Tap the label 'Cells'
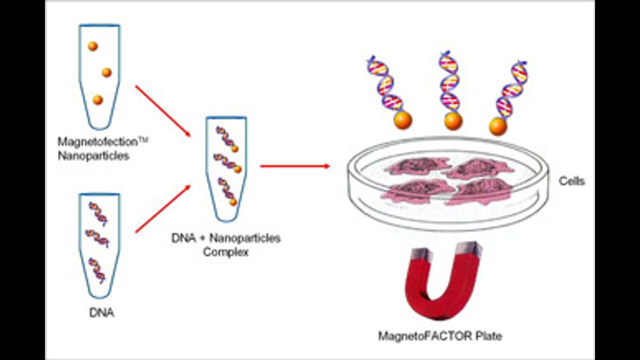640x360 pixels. tap(571, 181)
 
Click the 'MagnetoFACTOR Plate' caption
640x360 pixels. tap(440, 336)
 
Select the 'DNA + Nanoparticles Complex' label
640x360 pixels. tap(226, 244)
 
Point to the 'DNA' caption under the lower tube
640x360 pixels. tap(101, 313)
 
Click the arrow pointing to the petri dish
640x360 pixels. tap(295, 166)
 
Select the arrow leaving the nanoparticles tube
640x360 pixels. tap(162, 110)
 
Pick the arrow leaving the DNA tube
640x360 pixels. tap(162, 209)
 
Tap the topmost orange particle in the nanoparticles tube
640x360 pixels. tap(92, 46)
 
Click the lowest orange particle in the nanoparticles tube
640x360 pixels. tap(97, 100)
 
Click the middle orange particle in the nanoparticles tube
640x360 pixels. tap(106, 72)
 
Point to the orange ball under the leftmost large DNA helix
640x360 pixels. tap(402, 120)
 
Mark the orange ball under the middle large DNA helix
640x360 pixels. tap(453, 121)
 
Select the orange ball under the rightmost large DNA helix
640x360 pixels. tap(498, 126)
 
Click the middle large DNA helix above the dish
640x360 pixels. tap(449, 82)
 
